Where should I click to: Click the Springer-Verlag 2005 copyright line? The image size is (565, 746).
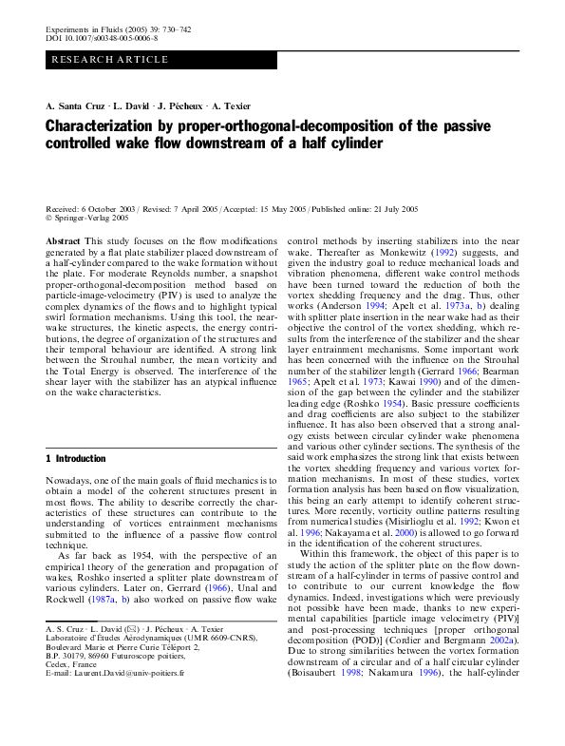click(x=90, y=217)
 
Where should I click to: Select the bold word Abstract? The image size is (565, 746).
click(x=63, y=243)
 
